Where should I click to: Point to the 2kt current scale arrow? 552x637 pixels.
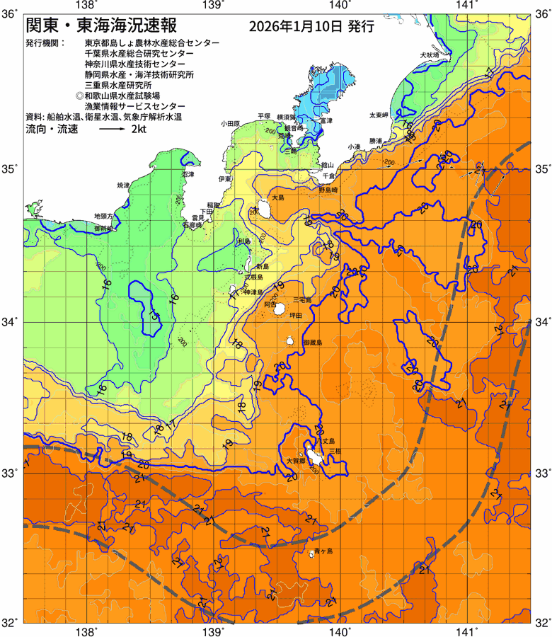click(112, 130)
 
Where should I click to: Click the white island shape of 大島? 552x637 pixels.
click(264, 209)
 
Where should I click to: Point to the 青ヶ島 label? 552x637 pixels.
click(324, 551)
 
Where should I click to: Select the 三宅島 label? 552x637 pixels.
click(303, 300)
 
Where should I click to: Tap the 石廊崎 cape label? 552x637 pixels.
click(192, 224)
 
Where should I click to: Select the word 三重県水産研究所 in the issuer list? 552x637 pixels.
click(118, 84)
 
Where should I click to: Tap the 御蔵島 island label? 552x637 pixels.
click(311, 343)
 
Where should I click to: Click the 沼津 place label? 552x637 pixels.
click(188, 174)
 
